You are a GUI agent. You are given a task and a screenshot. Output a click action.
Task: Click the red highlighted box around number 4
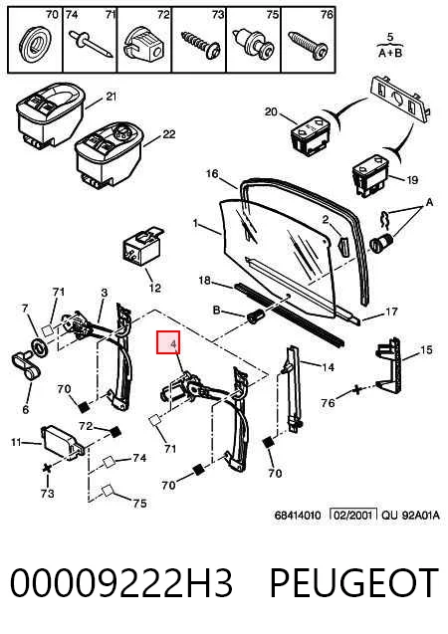[168, 342]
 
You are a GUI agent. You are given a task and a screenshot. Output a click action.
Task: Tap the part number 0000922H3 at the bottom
[120, 582]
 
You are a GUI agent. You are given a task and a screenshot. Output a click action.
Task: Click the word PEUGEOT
[353, 582]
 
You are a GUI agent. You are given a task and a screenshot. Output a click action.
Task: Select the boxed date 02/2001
[353, 516]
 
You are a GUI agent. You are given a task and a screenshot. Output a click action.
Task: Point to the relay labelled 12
[142, 248]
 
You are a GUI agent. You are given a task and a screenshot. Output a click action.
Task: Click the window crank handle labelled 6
[26, 365]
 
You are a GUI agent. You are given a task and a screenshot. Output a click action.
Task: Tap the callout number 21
[111, 98]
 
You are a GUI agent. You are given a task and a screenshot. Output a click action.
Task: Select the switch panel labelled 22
[109, 155]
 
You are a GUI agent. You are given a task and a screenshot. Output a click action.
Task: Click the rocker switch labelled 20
[311, 134]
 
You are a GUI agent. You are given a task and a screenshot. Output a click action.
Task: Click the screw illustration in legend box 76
[308, 46]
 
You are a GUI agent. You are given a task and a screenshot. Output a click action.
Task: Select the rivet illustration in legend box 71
[91, 44]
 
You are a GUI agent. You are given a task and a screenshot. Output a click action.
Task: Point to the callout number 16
[212, 174]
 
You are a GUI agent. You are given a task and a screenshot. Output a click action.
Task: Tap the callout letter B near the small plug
[217, 311]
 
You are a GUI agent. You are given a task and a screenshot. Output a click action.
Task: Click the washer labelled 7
[40, 347]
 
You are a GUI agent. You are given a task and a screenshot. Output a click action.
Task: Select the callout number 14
[328, 367]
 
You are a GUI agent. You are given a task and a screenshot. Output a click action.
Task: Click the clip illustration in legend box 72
[144, 45]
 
